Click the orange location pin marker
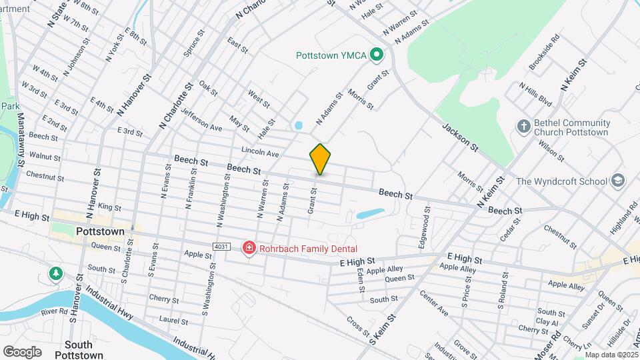[320, 159]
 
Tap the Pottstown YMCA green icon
[375, 55]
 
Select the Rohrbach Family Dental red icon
[249, 248]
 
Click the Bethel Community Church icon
[524, 126]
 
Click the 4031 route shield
[222, 247]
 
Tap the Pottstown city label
[101, 231]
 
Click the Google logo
[22, 352]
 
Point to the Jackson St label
[460, 137]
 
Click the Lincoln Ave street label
[260, 152]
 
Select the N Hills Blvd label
[535, 95]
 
